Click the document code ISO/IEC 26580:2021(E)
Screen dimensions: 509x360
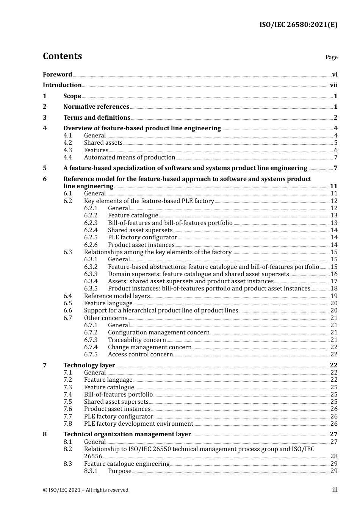(x=298, y=25)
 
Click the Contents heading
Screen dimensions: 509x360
(x=62, y=56)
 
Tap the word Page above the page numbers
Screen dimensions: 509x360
(x=331, y=57)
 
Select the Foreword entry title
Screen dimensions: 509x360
(x=57, y=75)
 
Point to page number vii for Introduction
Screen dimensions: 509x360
(x=333, y=85)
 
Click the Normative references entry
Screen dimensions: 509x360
(x=96, y=107)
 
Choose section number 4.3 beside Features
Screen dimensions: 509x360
(x=67, y=150)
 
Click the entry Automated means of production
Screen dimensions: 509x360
(x=130, y=158)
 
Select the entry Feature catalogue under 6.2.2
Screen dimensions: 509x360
(x=133, y=215)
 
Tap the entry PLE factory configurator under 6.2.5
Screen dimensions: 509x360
(x=142, y=237)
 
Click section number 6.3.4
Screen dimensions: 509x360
(x=91, y=281)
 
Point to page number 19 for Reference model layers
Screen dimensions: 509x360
(x=334, y=296)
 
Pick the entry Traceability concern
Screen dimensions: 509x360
(x=137, y=340)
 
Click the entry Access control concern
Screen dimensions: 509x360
(x=140, y=354)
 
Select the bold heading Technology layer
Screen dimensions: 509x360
(x=89, y=365)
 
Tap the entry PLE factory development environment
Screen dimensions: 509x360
(x=138, y=424)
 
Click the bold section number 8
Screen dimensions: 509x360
(x=45, y=434)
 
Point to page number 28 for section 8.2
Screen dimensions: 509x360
(x=334, y=456)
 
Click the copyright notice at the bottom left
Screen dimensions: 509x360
(x=86, y=490)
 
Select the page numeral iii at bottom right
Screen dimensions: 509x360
(x=335, y=490)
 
